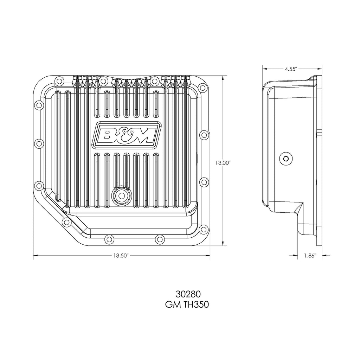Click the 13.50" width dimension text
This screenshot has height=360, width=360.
click(x=121, y=256)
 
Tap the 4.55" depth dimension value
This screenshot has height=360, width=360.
click(x=291, y=69)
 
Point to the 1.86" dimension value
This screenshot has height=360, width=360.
click(x=310, y=256)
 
